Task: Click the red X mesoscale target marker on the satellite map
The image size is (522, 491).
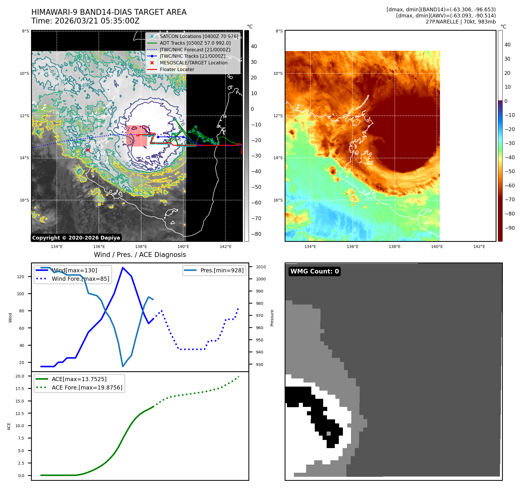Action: point(88,150)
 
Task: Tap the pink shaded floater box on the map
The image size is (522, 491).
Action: point(137,136)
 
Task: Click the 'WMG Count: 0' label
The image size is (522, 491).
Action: point(314,271)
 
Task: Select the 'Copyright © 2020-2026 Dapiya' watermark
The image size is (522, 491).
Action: point(76,238)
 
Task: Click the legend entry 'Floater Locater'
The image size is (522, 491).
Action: point(177,69)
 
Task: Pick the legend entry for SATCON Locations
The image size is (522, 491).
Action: point(199,36)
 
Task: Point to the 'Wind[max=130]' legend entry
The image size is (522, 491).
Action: point(74,270)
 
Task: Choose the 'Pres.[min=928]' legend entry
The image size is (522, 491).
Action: point(222,270)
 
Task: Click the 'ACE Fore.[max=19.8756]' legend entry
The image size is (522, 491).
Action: point(87,387)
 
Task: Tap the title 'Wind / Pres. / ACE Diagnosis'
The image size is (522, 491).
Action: point(140,255)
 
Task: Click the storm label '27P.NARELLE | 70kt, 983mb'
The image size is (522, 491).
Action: point(461,22)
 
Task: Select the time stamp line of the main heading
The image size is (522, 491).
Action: point(86,21)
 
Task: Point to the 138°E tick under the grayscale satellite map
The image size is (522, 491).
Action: point(141,247)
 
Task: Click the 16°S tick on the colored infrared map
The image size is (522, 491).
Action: point(278,200)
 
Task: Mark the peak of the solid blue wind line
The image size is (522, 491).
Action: point(123,267)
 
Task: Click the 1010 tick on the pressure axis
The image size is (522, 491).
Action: point(261,267)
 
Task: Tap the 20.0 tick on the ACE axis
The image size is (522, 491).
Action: point(20,376)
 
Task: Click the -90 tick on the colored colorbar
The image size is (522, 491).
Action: point(510,228)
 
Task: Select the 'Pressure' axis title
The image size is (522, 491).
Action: point(272,318)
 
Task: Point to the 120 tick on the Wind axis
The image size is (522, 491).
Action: point(21,277)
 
